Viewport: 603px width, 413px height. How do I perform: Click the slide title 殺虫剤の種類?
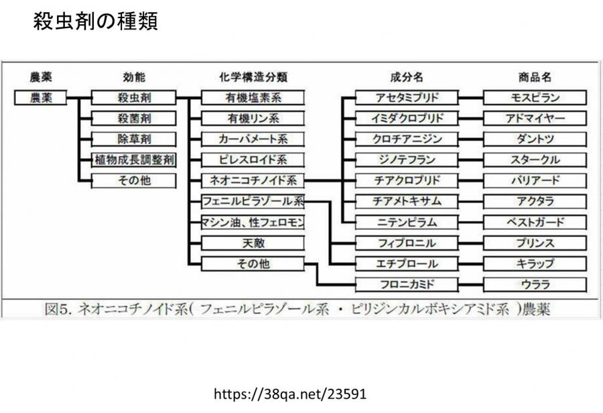pos(95,21)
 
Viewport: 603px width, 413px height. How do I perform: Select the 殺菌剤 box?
pos(134,118)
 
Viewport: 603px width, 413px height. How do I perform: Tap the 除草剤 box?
pos(134,139)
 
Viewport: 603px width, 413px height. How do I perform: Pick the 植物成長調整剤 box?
pos(134,160)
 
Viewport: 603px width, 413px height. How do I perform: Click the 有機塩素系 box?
pos(253,97)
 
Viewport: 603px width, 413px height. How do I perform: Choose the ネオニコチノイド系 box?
pos(253,180)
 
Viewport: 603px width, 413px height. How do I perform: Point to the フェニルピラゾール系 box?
pos(253,201)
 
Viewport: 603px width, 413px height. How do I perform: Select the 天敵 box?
pos(253,243)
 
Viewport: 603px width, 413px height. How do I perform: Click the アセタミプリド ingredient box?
pos(407,97)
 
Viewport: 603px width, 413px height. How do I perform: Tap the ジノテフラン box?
pos(407,160)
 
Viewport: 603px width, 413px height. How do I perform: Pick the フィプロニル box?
pos(407,243)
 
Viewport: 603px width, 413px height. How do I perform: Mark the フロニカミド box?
pos(407,284)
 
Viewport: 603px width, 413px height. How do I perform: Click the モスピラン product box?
pos(535,97)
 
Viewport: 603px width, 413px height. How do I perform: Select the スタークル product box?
pos(535,160)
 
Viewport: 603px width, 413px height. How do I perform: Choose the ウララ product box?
pos(535,284)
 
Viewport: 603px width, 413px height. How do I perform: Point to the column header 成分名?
pos(407,77)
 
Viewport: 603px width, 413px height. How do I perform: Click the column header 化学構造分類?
pos(253,77)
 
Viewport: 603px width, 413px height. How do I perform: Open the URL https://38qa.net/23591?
pos(290,394)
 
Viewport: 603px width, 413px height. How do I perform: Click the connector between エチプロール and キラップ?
pos(471,264)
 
